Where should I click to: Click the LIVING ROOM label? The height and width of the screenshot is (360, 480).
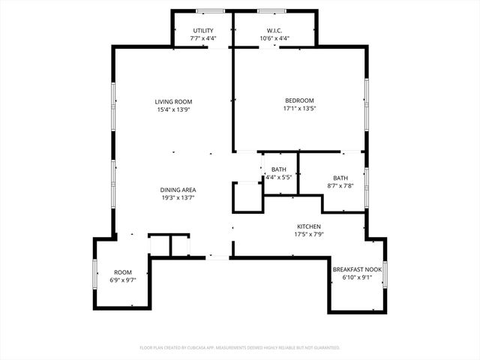pyautogui.click(x=174, y=102)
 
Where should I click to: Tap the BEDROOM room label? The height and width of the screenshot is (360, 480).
pyautogui.click(x=298, y=100)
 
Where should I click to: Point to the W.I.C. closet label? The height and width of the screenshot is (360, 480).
pyautogui.click(x=274, y=30)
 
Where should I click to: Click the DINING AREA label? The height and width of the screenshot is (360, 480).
pyautogui.click(x=178, y=190)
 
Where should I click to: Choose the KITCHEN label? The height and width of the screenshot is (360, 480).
pyautogui.click(x=308, y=226)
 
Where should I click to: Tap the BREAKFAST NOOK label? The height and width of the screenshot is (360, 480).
pyautogui.click(x=357, y=269)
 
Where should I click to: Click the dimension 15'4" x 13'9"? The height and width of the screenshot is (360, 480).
pyautogui.click(x=174, y=110)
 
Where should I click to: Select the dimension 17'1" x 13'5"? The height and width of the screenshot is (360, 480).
pyautogui.click(x=298, y=109)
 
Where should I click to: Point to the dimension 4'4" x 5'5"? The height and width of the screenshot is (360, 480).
pyautogui.click(x=278, y=178)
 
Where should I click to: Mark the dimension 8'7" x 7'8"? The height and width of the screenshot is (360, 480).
pyautogui.click(x=340, y=185)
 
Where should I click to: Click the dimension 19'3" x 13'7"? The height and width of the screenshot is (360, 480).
pyautogui.click(x=178, y=199)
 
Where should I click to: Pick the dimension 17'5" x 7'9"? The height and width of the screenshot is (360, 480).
pyautogui.click(x=308, y=235)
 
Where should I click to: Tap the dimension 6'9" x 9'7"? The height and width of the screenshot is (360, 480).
pyautogui.click(x=122, y=280)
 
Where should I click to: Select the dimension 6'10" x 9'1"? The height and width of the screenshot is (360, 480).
pyautogui.click(x=357, y=277)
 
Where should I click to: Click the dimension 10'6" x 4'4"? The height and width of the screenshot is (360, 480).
pyautogui.click(x=274, y=38)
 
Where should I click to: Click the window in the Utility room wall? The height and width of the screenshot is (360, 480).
pyautogui.click(x=210, y=11)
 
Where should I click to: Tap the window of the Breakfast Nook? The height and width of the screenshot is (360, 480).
pyautogui.click(x=385, y=273)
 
